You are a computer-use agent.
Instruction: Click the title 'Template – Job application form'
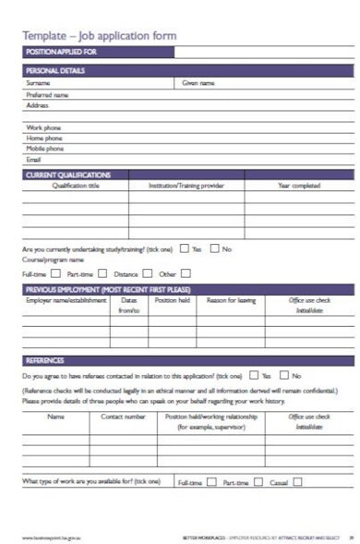point(99,36)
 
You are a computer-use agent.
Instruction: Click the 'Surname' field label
point(38,83)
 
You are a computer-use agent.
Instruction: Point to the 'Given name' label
point(198,83)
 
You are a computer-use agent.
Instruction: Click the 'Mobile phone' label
point(45,148)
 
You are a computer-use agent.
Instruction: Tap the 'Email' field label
point(34,159)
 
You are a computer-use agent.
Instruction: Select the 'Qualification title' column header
point(76,186)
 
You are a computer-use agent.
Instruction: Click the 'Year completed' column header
point(299,186)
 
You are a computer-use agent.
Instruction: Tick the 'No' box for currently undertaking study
point(214,248)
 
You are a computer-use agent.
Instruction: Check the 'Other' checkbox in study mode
point(185,273)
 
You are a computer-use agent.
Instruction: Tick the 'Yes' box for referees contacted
point(254,376)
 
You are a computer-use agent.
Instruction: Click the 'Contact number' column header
point(123,417)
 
